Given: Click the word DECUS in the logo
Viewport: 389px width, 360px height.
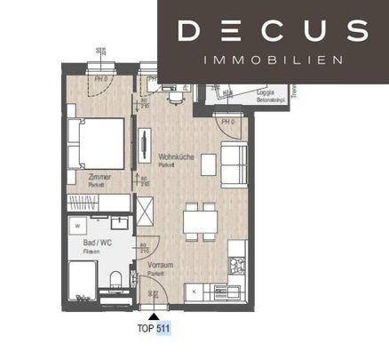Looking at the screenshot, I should pos(272,31).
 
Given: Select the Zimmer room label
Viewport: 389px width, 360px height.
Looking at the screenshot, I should pos(99,178).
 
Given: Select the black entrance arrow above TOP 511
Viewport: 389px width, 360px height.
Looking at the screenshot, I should pos(154,314).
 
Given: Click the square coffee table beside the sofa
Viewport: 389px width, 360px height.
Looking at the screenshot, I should pos(209,165).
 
